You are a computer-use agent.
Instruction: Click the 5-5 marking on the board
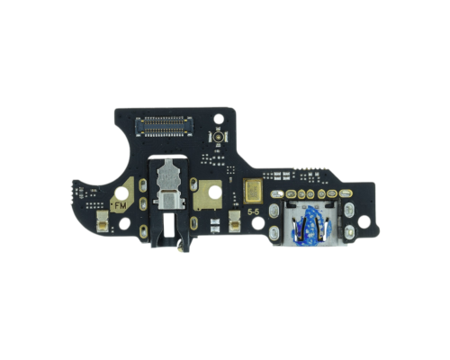point(256,213)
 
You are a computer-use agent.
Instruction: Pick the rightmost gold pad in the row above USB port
point(330,193)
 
